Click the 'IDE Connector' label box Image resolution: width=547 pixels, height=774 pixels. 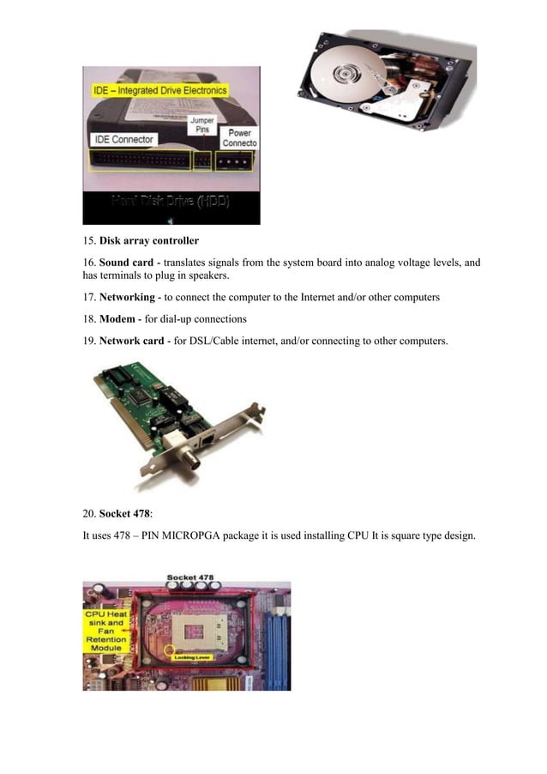123,139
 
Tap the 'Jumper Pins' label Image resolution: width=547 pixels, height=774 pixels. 202,126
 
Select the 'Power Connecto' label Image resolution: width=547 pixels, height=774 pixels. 238,138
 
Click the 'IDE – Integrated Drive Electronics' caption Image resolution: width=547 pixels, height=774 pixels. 160,90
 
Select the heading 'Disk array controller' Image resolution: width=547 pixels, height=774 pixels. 149,241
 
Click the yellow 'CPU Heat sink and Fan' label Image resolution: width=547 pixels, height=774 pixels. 105,631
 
